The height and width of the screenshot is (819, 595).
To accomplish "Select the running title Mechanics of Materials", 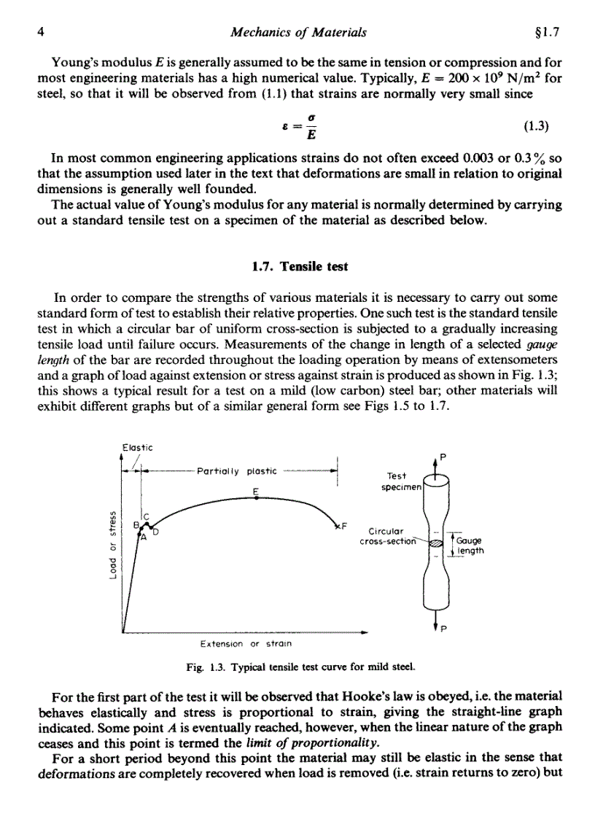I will point(297,32).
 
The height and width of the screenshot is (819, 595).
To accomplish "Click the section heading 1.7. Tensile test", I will point(298,267).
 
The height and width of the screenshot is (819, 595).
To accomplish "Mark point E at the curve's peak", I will point(256,491).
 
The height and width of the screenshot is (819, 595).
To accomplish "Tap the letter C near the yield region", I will point(145,516).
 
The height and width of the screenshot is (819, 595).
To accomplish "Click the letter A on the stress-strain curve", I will point(143,538).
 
